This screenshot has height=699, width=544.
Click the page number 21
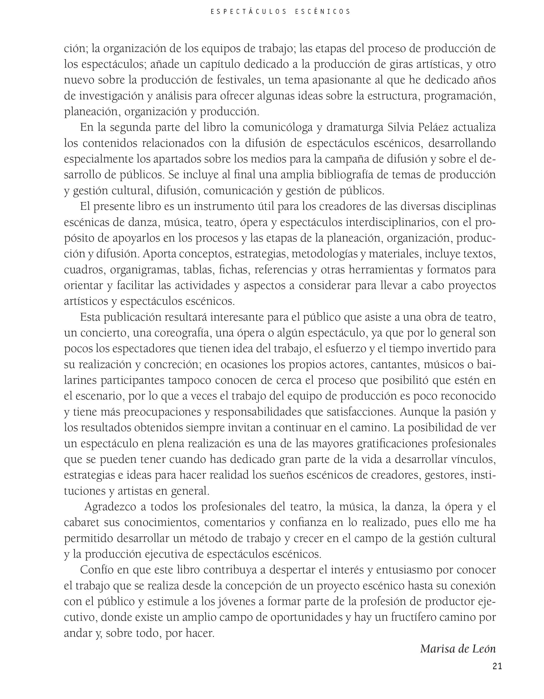tap(497, 666)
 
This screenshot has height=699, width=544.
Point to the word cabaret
tap(81, 522)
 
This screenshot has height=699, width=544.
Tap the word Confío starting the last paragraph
tap(96, 570)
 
